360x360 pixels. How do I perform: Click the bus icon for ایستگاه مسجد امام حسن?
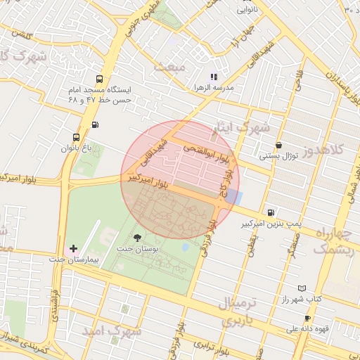98,79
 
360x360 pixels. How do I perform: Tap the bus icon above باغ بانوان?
76,138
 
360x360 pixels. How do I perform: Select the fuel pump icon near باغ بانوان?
95,125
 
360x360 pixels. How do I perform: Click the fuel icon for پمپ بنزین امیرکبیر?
270,212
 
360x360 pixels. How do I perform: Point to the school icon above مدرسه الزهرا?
214,77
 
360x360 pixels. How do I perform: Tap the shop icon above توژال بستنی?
279,145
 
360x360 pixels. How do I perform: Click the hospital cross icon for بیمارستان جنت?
73,249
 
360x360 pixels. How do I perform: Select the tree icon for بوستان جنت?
136,238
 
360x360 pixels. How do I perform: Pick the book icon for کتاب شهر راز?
302,288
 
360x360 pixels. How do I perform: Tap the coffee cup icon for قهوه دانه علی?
307,318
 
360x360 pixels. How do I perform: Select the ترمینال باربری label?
236,312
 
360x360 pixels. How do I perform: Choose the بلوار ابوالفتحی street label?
205,150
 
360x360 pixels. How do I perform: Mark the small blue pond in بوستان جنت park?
185,247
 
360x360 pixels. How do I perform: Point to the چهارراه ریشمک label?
330,241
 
